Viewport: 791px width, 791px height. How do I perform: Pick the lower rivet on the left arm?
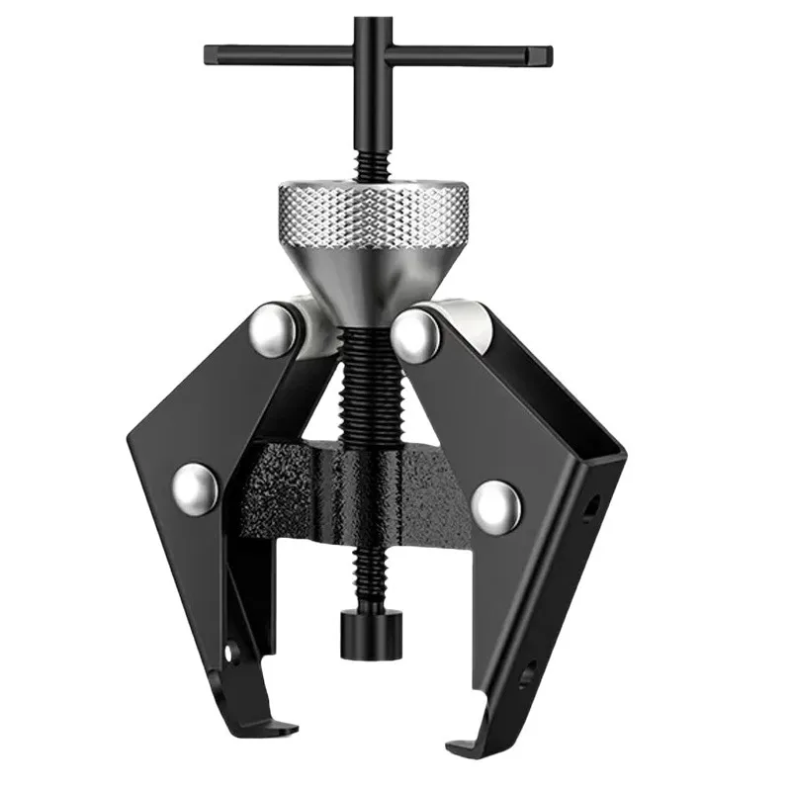point(197,486)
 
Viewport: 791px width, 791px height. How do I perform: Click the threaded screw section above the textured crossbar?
point(376,386)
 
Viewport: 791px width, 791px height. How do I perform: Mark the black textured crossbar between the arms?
point(297,494)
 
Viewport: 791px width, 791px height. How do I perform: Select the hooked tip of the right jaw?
point(465,737)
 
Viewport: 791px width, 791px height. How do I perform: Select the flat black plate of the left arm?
point(218,415)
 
